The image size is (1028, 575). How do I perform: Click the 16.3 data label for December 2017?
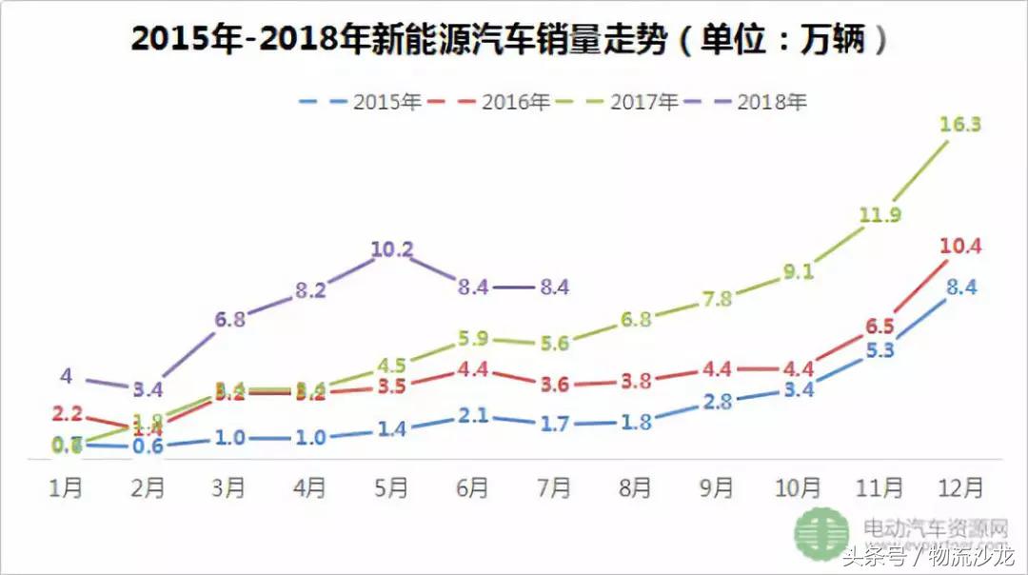[x=959, y=125]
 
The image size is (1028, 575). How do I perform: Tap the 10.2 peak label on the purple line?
[x=392, y=250]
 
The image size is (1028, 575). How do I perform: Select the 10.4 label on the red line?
[x=959, y=247]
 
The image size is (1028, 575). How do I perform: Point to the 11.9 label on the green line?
[x=879, y=215]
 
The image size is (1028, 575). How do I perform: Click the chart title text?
[x=514, y=40]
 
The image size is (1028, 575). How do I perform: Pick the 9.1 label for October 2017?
[x=798, y=271]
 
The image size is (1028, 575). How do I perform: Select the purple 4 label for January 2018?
[x=66, y=376]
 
